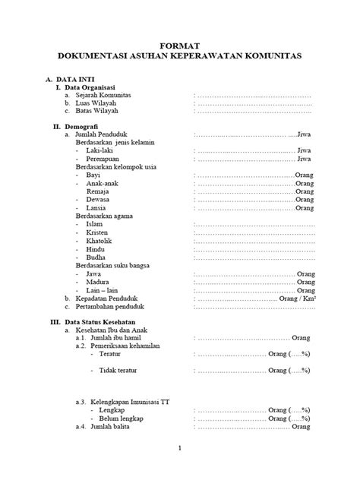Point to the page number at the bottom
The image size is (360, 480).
pyautogui.click(x=179, y=449)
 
